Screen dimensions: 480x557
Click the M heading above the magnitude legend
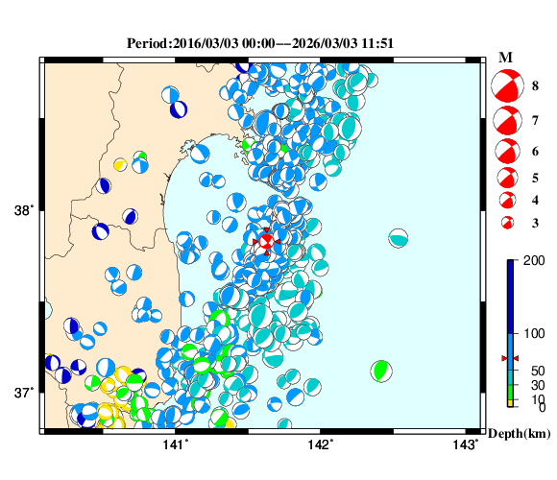pos(505,59)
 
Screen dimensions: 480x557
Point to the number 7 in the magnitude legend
pos(535,122)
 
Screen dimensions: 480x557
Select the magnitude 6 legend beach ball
pos(506,152)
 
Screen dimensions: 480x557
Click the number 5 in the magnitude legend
pos(535,178)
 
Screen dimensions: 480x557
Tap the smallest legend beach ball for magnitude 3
pos(506,223)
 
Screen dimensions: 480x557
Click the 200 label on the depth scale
pos(526,262)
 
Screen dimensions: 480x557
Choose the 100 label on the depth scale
pos(526,333)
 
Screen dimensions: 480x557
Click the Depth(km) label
pos(518,434)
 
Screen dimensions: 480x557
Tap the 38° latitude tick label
pos(25,211)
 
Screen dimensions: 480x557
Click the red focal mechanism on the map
pos(266,241)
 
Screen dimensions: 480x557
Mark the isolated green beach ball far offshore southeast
pos(381,370)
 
